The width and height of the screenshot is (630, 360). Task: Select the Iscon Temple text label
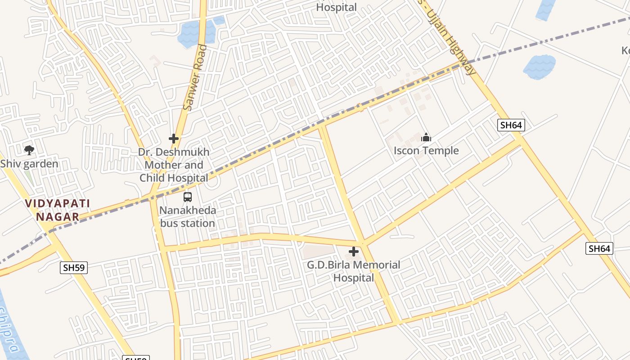pos(426,150)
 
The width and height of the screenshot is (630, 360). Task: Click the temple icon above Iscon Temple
pos(426,137)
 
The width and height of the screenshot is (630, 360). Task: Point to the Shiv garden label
pos(29,163)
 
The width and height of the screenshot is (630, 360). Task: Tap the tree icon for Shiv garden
pos(29,150)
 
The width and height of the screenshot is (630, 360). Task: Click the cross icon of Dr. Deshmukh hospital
pos(174,139)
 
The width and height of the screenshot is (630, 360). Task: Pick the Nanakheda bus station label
pos(188,216)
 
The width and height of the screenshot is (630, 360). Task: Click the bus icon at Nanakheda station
pos(188,197)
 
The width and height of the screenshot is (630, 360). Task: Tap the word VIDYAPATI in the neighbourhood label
pos(58,203)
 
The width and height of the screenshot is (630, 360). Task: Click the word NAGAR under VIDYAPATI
pos(58,217)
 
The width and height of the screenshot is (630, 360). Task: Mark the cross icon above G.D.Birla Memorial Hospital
pos(354,252)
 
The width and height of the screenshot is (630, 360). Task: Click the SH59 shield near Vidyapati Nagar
pos(74,268)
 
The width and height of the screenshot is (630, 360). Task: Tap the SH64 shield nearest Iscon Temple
pos(511,125)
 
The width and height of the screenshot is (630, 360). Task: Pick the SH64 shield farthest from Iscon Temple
pos(599,248)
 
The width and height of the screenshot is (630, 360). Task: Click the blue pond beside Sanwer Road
pos(191,34)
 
